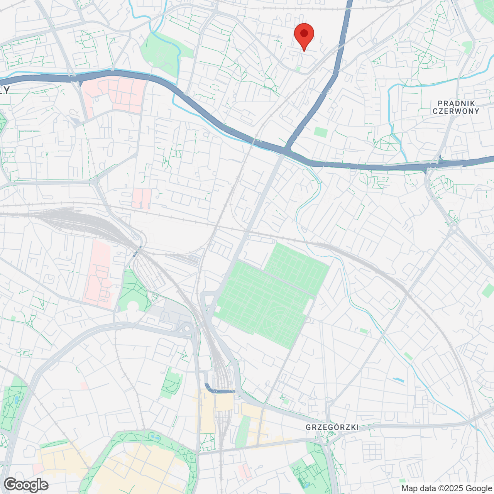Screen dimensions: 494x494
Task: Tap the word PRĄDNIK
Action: click(456, 103)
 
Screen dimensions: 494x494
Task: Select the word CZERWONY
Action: click(456, 111)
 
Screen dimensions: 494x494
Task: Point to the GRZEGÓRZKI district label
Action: click(332, 427)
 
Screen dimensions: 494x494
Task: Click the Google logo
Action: click(26, 485)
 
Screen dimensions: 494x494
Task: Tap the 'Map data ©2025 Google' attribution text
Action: click(447, 489)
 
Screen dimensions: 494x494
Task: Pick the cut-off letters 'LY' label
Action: click(5, 91)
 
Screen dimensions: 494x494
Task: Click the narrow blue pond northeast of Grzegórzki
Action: click(398, 380)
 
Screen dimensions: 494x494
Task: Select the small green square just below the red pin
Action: click(298, 69)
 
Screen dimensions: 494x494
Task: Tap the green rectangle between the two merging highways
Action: click(321, 132)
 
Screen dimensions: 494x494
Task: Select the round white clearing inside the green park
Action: click(133, 306)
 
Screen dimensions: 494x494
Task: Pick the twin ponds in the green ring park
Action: click(156, 438)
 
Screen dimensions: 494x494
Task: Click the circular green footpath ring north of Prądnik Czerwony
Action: click(425, 58)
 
